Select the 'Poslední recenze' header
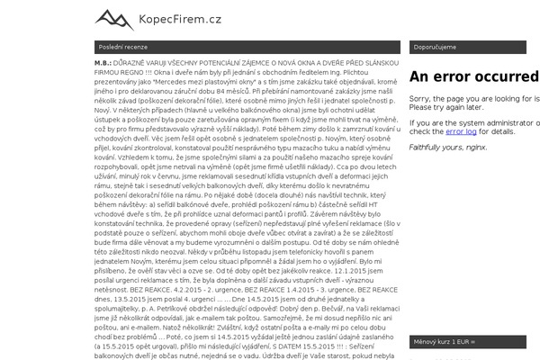(123, 47)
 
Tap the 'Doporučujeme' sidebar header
(435, 47)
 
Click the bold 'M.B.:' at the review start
(103, 64)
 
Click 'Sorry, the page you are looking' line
(473, 99)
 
